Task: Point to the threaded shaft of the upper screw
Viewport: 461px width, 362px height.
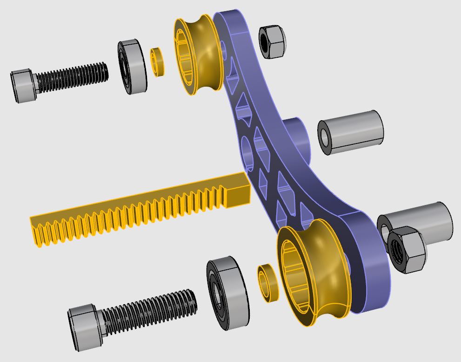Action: tap(72, 77)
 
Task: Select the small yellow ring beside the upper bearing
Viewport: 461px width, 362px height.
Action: tap(157, 61)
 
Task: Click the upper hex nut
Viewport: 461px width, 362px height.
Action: tap(272, 42)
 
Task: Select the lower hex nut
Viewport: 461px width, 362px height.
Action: tap(406, 250)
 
